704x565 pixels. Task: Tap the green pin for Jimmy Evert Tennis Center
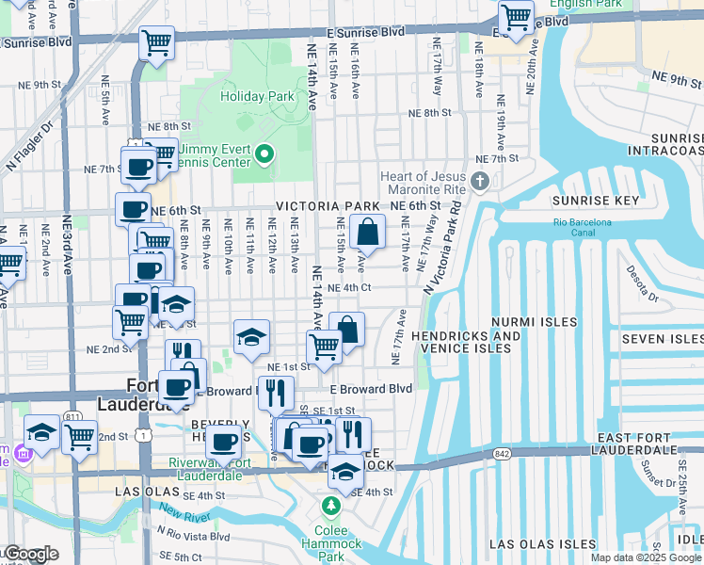pyautogui.click(x=264, y=153)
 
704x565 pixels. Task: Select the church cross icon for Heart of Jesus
pyautogui.click(x=480, y=180)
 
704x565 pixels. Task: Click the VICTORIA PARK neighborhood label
pyautogui.click(x=328, y=206)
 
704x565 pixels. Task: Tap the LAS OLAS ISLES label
pyautogui.click(x=541, y=544)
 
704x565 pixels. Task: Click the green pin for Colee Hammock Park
pyautogui.click(x=330, y=507)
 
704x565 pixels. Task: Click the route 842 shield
pyautogui.click(x=499, y=454)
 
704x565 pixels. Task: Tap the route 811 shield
pyautogui.click(x=73, y=416)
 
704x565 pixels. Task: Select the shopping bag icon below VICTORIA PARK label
pyautogui.click(x=368, y=231)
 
